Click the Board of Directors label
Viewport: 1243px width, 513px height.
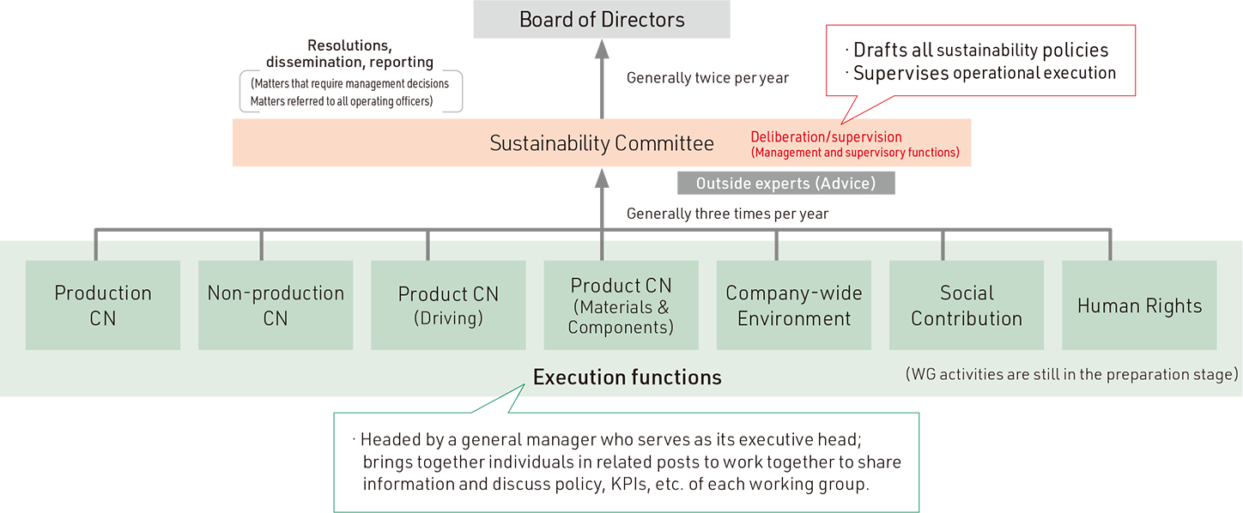[602, 20]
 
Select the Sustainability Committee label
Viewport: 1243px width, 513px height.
[602, 143]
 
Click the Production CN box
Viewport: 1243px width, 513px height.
[103, 305]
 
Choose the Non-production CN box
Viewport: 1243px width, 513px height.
[276, 305]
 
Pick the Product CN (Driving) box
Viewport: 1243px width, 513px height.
[448, 305]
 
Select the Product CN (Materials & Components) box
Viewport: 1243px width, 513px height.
[621, 305]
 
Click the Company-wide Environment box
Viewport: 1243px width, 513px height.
[794, 305]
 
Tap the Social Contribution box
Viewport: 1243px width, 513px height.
[967, 305]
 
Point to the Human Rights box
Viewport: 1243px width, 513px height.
[1139, 305]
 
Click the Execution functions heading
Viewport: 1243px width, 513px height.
[628, 377]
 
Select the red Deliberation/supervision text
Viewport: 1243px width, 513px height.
[826, 137]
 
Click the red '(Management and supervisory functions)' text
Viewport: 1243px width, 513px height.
[855, 153]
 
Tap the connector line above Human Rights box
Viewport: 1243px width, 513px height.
[1110, 248]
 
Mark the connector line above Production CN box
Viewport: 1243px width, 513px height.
[95, 248]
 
